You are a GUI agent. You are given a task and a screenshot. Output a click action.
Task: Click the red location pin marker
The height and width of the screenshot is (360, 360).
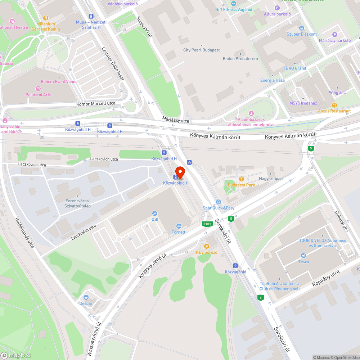click(180, 172)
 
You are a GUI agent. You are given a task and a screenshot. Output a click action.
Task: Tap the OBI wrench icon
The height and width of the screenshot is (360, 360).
click(155, 213)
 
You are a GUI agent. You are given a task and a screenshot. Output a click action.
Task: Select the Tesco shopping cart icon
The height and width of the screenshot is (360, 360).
click(304, 256)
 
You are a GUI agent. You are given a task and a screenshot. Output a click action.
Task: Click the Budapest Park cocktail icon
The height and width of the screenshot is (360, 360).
click(241, 179)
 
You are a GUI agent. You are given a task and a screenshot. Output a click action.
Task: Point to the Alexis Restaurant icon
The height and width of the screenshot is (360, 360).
click(334, 105)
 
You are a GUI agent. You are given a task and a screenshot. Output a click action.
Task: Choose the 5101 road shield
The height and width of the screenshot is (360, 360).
click(207, 224)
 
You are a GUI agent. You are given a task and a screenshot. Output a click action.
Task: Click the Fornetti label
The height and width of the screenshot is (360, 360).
click(179, 232)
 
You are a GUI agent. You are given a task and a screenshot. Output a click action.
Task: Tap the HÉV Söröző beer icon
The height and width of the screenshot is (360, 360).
click(206, 246)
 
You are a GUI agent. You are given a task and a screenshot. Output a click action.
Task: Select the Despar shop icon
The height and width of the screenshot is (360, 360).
click(86, 297)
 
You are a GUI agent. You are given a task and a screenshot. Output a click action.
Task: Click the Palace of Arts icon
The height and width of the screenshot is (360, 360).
click(38, 89)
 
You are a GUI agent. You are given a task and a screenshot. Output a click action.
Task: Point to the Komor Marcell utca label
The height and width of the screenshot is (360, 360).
click(96, 104)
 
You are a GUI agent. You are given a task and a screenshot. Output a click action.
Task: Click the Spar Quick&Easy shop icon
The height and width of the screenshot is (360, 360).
click(218, 202)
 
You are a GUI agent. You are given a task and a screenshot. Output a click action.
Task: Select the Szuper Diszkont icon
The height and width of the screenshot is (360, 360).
click(302, 28)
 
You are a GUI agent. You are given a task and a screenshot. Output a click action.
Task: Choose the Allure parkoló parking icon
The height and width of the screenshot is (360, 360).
click(277, 8)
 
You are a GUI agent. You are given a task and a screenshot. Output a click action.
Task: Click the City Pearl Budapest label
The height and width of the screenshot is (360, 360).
click(201, 50)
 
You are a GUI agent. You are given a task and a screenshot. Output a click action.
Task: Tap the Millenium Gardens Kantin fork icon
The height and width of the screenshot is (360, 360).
click(46, 18)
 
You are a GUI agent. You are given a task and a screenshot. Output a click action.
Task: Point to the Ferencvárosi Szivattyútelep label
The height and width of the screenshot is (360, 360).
click(78, 203)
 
